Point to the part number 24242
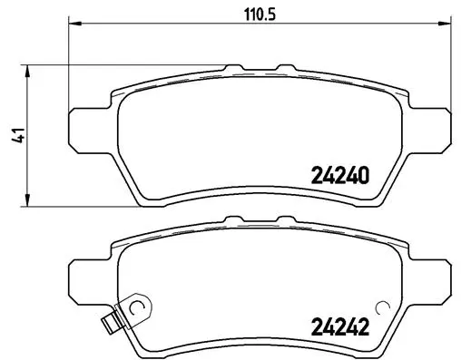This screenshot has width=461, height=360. (x=340, y=328)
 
